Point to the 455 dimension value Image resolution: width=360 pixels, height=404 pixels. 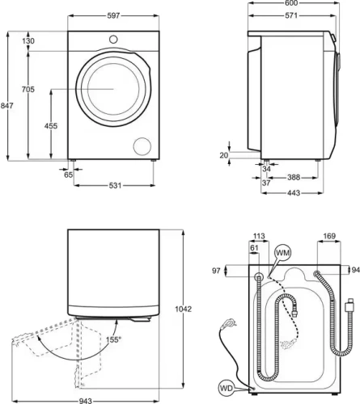(x=51, y=127)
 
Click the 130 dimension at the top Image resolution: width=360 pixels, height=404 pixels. (x=29, y=41)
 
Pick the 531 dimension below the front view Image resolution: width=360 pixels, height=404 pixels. (x=116, y=186)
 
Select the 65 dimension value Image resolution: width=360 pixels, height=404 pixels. (x=68, y=175)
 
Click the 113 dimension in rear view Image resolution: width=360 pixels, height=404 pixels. (x=259, y=237)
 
